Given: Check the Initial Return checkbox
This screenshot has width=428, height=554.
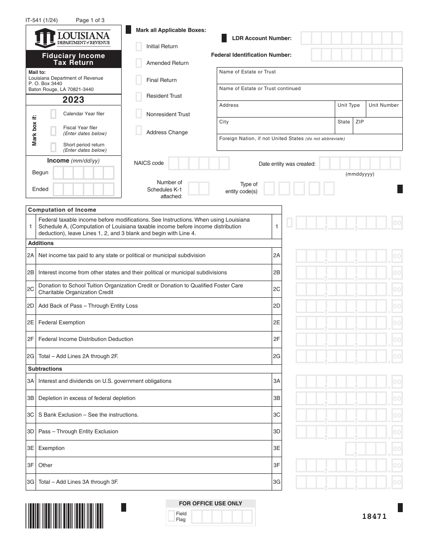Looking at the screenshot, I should [139, 46].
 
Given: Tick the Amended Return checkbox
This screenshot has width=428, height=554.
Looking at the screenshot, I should [139, 63].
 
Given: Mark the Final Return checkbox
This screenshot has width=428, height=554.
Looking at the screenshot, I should [139, 80].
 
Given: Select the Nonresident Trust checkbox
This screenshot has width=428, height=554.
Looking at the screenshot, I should [139, 114].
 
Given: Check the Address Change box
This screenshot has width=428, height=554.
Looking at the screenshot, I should [139, 131].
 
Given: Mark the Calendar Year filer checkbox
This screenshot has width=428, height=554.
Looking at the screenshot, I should [54, 114].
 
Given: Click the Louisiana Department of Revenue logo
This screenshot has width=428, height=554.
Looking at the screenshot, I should [73, 38].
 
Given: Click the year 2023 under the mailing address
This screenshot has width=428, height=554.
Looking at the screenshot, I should [73, 100].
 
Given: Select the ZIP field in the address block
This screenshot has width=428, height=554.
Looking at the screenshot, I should [378, 126].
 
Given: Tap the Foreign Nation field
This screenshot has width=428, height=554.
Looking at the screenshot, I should [310, 142].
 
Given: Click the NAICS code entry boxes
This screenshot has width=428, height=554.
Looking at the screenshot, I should [199, 163].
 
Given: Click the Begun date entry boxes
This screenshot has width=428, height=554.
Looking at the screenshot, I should [83, 173].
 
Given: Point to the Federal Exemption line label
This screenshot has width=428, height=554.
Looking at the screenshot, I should [62, 322].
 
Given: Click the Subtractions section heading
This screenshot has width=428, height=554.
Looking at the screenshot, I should [45, 369].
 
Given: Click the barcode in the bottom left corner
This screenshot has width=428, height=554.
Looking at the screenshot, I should [65, 516].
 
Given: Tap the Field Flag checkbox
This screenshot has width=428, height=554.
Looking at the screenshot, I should [171, 516].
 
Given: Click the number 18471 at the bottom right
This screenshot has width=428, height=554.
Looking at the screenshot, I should [374, 517].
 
